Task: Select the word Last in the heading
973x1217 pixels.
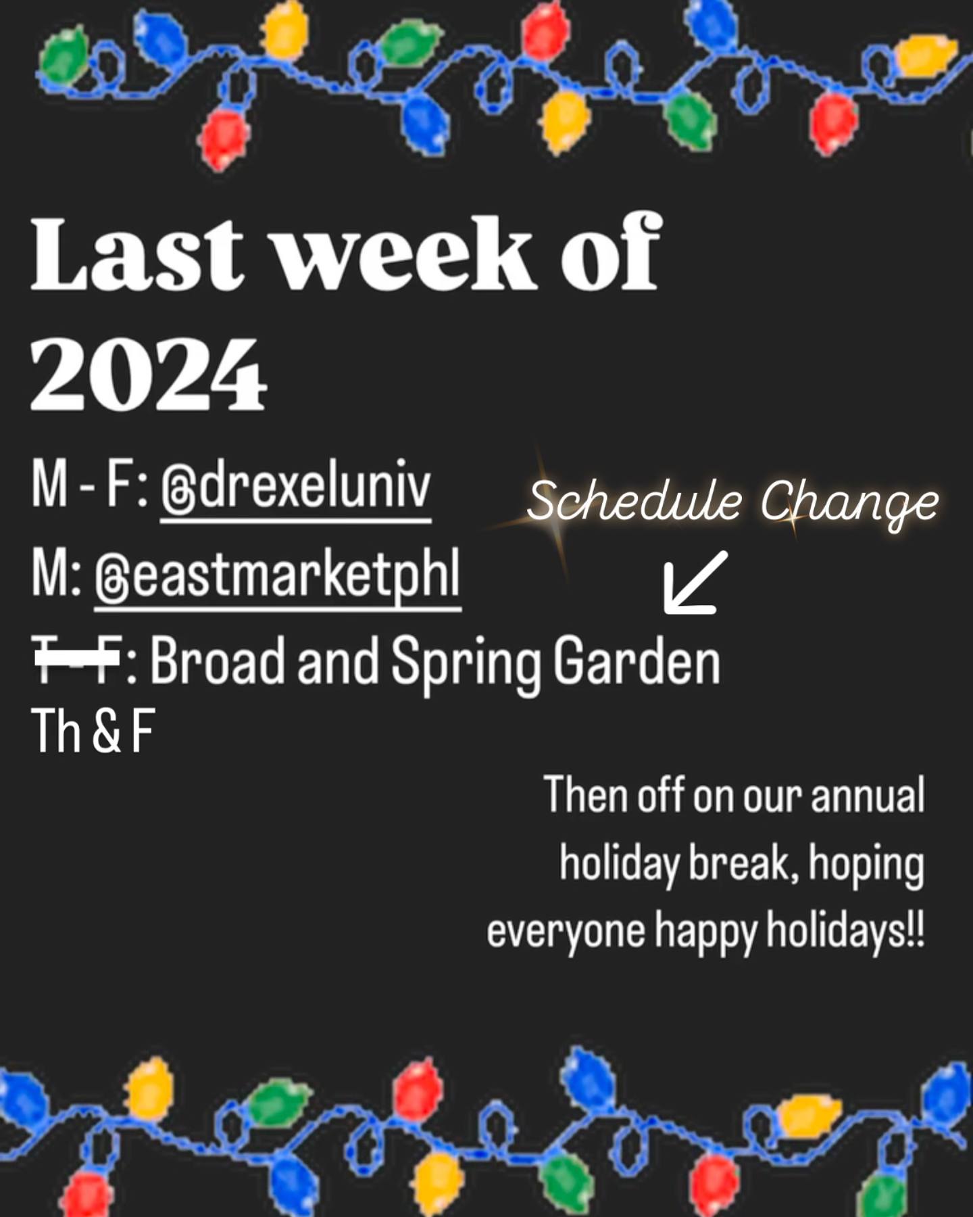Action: click(136, 253)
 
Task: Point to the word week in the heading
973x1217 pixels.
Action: click(404, 253)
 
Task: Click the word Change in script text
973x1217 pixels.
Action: click(849, 504)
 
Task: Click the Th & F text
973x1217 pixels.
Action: click(93, 730)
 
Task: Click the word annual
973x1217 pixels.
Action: click(868, 795)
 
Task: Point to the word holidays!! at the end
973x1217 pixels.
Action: click(845, 930)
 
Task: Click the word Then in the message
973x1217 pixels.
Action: click(586, 795)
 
